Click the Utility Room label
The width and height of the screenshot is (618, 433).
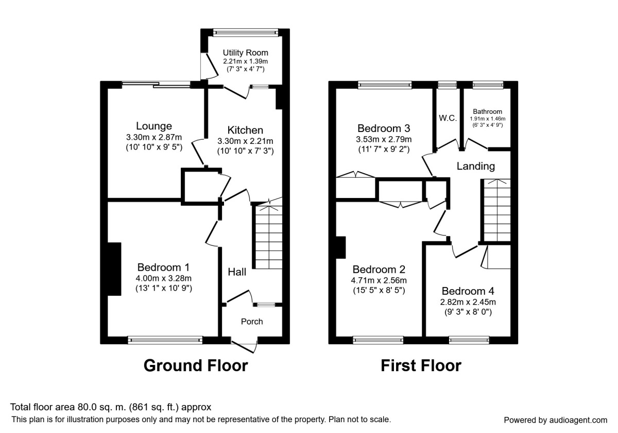(x=245, y=53)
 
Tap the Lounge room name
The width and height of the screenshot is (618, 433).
(x=154, y=126)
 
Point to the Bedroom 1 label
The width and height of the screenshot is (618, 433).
(x=163, y=268)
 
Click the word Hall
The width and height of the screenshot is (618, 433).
(x=237, y=272)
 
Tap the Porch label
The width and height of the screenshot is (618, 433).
(x=252, y=322)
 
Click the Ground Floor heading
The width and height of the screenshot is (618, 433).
(x=196, y=365)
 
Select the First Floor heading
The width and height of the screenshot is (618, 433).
(x=421, y=365)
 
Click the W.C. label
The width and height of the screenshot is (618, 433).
(x=448, y=118)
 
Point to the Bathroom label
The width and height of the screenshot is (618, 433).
(x=487, y=111)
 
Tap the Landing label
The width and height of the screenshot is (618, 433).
(x=475, y=166)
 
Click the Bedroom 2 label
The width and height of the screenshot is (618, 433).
(x=379, y=270)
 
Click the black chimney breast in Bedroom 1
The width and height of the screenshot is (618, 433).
(x=114, y=269)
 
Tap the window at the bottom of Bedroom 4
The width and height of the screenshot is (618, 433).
(x=469, y=340)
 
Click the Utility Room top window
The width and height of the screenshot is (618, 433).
(x=245, y=32)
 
